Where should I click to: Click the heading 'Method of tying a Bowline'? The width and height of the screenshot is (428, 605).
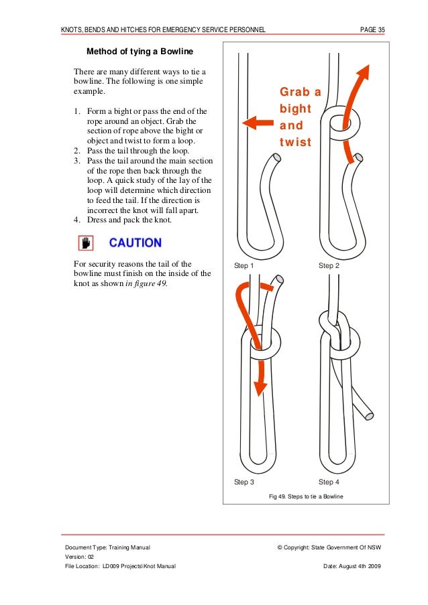[140, 52]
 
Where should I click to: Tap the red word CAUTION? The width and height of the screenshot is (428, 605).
[135, 243]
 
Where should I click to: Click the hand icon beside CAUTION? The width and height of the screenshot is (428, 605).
[86, 243]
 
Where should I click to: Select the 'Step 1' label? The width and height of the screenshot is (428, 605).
[244, 266]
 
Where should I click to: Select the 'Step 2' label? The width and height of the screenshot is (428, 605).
[329, 266]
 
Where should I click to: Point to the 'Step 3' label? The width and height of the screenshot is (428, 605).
[244, 482]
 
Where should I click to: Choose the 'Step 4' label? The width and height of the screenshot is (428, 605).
[329, 482]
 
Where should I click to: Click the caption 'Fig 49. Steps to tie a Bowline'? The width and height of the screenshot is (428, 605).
[305, 496]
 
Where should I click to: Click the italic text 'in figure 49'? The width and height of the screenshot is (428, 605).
[146, 283]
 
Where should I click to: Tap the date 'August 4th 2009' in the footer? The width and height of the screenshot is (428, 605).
[361, 566]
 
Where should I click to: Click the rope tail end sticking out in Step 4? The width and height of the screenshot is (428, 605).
[368, 415]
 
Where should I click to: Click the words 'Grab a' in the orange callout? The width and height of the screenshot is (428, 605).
[300, 91]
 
